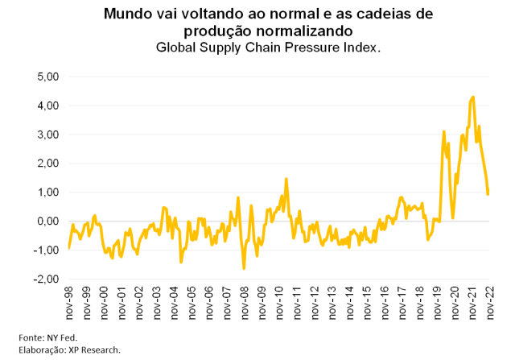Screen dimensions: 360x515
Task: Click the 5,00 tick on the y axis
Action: click(x=43, y=77)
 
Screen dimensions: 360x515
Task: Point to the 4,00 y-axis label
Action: click(x=43, y=106)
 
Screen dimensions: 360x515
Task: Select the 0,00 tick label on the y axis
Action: click(x=43, y=221)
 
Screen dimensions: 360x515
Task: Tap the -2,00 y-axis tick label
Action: click(x=42, y=279)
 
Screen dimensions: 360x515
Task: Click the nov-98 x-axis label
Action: click(x=68, y=304)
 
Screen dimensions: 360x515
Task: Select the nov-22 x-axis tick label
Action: click(x=488, y=304)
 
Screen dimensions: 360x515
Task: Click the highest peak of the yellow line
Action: click(x=472, y=97)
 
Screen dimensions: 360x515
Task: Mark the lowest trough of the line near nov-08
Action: click(x=244, y=268)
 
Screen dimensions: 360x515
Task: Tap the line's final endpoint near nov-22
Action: click(x=488, y=194)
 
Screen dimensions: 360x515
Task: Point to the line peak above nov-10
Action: click(x=286, y=179)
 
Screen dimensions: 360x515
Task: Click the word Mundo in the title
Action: click(x=129, y=14)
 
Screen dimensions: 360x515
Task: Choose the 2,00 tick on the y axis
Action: click(x=43, y=163)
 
